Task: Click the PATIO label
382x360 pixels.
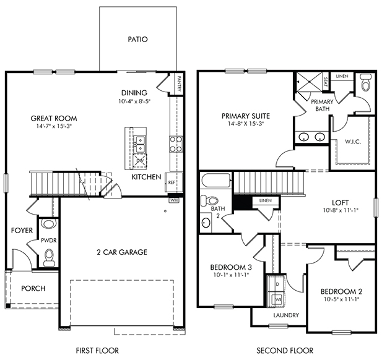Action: tap(137, 39)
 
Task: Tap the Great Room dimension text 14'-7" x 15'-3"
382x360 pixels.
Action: tap(54, 126)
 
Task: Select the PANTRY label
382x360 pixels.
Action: tap(180, 84)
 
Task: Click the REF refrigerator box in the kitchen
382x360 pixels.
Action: tap(174, 182)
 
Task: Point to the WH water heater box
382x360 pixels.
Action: tap(174, 200)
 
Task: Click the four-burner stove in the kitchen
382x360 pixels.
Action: tap(176, 144)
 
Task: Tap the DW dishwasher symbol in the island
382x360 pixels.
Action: tap(139, 161)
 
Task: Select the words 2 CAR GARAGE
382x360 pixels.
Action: tap(122, 252)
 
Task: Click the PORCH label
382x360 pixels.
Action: tap(33, 288)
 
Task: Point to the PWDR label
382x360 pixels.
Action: tap(49, 241)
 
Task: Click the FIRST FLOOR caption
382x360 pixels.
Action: tap(97, 351)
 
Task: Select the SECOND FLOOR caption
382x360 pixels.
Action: tap(285, 351)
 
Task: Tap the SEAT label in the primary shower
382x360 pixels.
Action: tap(326, 82)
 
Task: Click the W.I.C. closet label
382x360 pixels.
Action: tap(353, 142)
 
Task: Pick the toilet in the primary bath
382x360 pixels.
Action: tap(366, 82)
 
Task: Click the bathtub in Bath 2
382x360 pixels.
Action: tap(215, 180)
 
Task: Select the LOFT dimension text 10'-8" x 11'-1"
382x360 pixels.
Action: tap(341, 210)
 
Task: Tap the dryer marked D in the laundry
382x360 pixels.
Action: tap(276, 284)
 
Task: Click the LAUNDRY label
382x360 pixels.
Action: tap(286, 315)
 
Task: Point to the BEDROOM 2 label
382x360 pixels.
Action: tap(341, 291)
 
